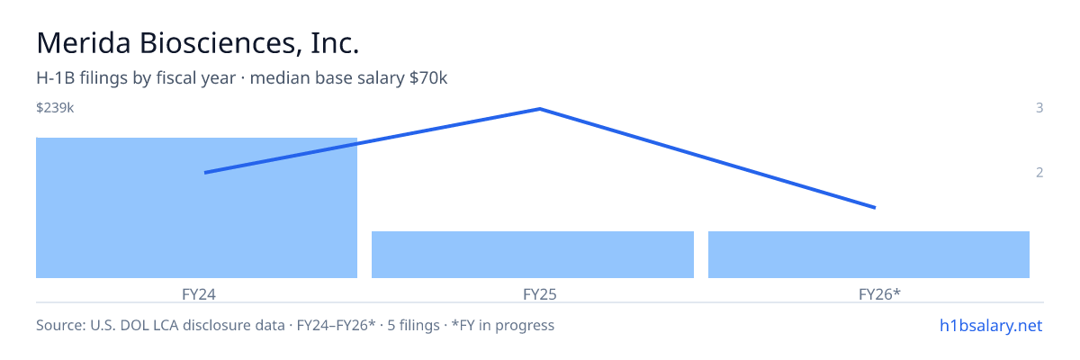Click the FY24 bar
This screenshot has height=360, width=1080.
[x=197, y=208]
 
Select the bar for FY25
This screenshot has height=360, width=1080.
[x=533, y=255]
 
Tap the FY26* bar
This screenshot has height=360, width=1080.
[x=868, y=255]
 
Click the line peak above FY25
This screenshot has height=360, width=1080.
[x=540, y=109]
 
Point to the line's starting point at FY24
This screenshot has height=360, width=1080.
[x=205, y=173]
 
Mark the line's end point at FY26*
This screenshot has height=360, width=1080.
[x=875, y=208]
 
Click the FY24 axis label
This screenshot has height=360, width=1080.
[x=199, y=294]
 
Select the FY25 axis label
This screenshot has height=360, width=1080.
[x=539, y=294]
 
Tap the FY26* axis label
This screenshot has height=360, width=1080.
[x=879, y=294]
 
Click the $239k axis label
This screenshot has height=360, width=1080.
[x=55, y=107]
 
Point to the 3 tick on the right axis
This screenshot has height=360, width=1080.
[x=1039, y=107]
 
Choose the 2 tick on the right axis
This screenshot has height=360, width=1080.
[x=1039, y=172]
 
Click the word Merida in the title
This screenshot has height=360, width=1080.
[x=84, y=43]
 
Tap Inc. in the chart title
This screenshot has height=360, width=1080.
[x=335, y=43]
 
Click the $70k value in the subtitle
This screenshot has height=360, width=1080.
[x=428, y=77]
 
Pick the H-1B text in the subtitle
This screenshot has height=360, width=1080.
[x=56, y=77]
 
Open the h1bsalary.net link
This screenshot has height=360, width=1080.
[x=991, y=325]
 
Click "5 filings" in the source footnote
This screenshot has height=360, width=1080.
[x=413, y=325]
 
